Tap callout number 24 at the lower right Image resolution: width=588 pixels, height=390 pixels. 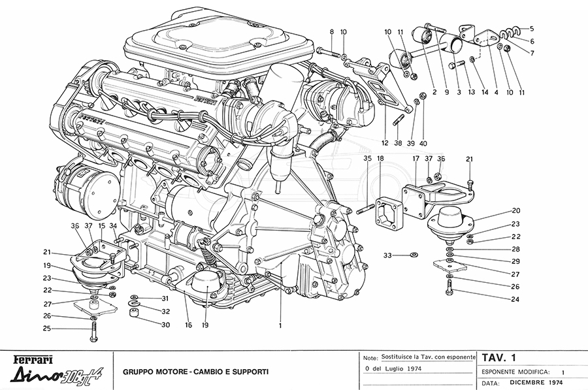coord(497,300)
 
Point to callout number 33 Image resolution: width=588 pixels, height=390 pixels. coord(387,255)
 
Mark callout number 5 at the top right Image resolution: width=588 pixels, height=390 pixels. coord(532,28)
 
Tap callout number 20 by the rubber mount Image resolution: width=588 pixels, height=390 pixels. coord(515,210)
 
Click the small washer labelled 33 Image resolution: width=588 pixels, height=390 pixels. coord(412,255)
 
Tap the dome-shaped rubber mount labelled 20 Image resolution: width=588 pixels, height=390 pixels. coord(449,219)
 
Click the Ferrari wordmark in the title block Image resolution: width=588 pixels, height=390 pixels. coord(30,360)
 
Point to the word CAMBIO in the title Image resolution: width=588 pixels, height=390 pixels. coord(213,372)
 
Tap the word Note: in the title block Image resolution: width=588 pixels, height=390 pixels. coord(370,358)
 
